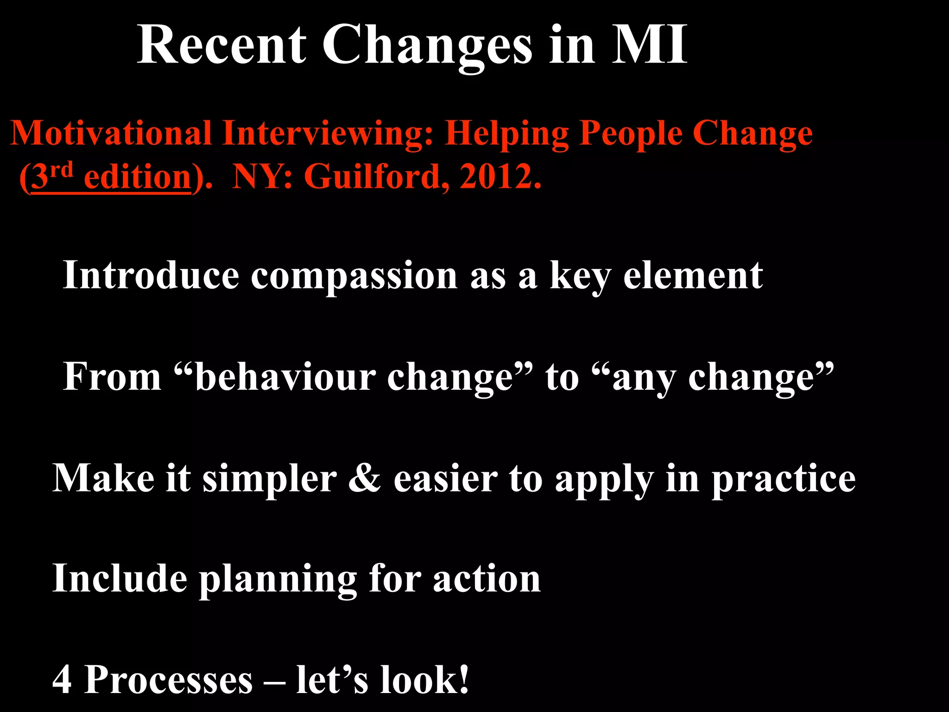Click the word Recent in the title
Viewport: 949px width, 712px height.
[x=221, y=45]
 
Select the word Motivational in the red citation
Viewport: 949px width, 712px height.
[x=111, y=133]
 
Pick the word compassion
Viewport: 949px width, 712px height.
[x=354, y=276]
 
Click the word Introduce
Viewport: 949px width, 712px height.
[x=151, y=275]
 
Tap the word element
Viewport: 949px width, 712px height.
[x=693, y=275]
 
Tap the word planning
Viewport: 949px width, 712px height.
[x=278, y=579]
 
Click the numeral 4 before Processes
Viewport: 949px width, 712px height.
[x=62, y=680]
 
